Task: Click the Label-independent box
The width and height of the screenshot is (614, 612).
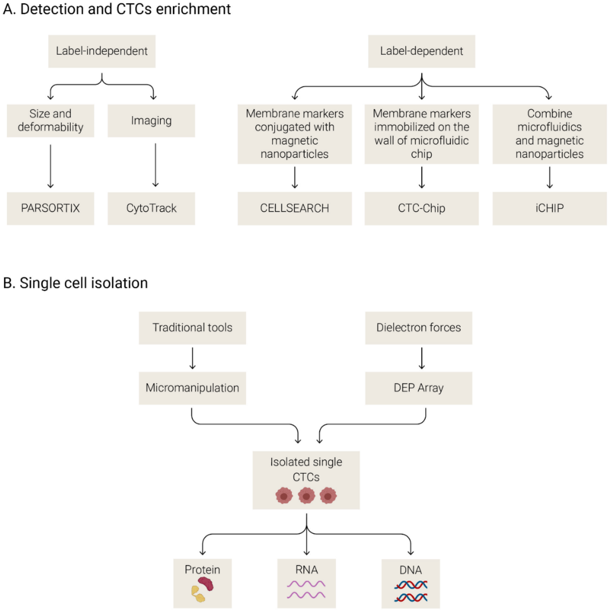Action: [x=102, y=51]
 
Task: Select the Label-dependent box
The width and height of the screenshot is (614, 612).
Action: [x=421, y=51]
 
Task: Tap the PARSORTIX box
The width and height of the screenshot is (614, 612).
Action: [x=50, y=208]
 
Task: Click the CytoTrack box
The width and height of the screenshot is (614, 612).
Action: [x=151, y=208]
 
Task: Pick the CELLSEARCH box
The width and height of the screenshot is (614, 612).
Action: [x=295, y=208]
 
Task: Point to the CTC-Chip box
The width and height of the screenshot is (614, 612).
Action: [x=421, y=208]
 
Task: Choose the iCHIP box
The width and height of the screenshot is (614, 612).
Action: [x=549, y=208]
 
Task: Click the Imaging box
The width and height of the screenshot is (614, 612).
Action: [x=151, y=121]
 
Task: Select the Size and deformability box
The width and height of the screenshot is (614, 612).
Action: [x=50, y=121]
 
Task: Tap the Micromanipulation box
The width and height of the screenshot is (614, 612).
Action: [x=192, y=388]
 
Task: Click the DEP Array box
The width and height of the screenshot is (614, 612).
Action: [x=419, y=388]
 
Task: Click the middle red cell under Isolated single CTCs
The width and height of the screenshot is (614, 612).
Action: [x=306, y=496]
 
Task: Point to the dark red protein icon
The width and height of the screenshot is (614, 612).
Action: [x=206, y=584]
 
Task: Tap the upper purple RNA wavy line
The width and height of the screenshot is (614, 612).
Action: [x=306, y=584]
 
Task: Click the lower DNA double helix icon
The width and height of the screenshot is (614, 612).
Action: [x=411, y=597]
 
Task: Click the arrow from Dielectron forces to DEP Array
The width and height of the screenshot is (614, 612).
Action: [x=422, y=358]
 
